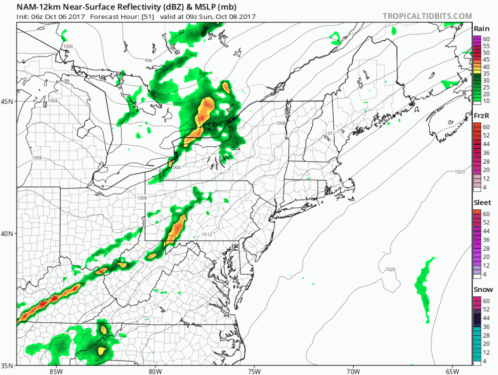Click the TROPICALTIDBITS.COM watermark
pos(427,16)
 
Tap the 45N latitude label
pos(7,101)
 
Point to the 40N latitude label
pos(7,234)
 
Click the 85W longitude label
pos(56,371)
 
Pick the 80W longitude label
pos(155,371)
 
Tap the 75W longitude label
pos(254,371)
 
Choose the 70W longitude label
pos(353,371)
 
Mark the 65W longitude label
pos(452,371)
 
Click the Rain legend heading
pos(481,29)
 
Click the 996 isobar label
pos(148,61)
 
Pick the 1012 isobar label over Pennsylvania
pos(208,234)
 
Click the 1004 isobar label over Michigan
pos(53,101)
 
